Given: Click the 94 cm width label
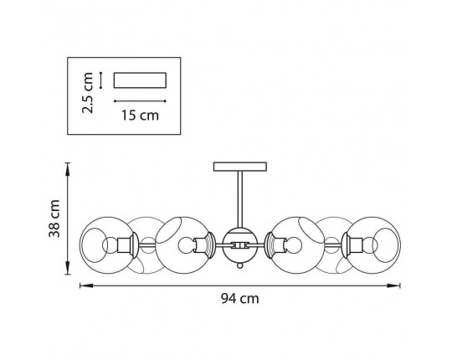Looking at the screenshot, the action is pyautogui.click(x=240, y=299).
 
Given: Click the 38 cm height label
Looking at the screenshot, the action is pyautogui.click(x=54, y=219).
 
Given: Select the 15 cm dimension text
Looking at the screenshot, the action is pyautogui.click(x=140, y=116).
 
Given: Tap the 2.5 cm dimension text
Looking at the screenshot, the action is pyautogui.click(x=88, y=93).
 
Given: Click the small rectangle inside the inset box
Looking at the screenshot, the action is pyautogui.click(x=140, y=80).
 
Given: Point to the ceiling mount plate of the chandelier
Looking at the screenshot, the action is pyautogui.click(x=240, y=167).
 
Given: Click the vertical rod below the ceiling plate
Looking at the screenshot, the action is pyautogui.click(x=240, y=199).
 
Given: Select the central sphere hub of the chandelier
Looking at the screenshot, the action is pyautogui.click(x=240, y=245).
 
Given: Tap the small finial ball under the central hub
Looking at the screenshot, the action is pyautogui.click(x=240, y=265).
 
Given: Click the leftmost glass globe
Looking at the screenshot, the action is pyautogui.click(x=107, y=245).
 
